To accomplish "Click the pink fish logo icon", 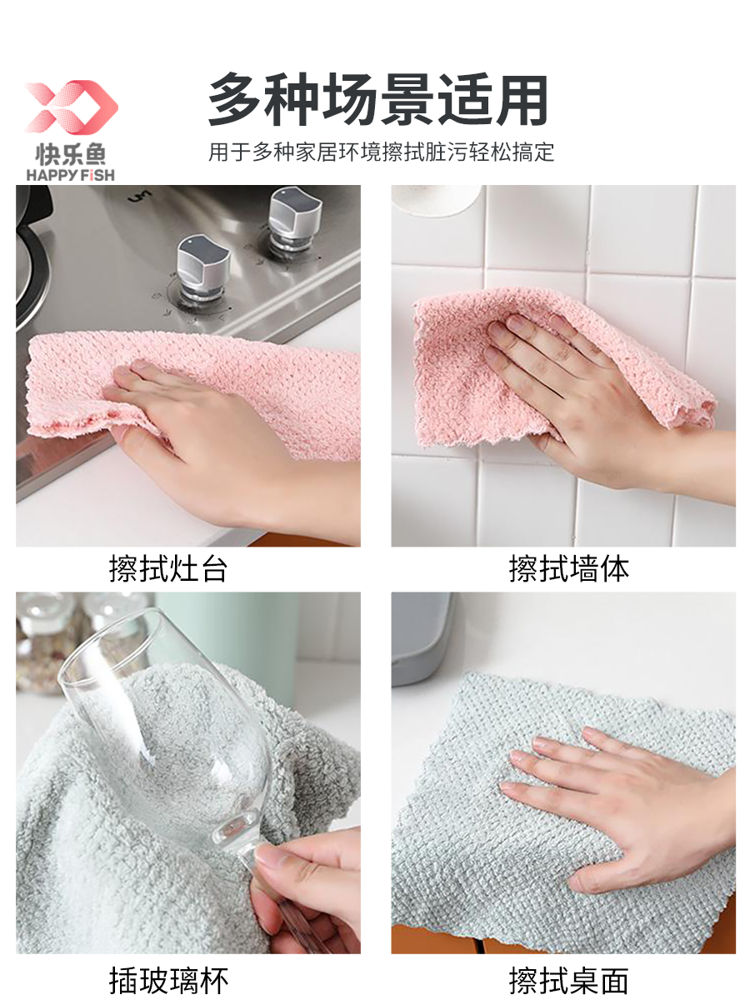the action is pyautogui.click(x=72, y=107).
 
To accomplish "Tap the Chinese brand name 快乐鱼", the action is pyautogui.click(x=71, y=154).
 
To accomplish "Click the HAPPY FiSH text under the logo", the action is pyautogui.click(x=71, y=175).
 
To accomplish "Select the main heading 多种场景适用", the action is pyautogui.click(x=378, y=100).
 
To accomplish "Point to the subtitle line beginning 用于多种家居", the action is pyautogui.click(x=381, y=152).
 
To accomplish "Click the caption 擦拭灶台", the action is pyautogui.click(x=168, y=569).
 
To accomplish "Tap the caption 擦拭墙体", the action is pyautogui.click(x=569, y=569).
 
